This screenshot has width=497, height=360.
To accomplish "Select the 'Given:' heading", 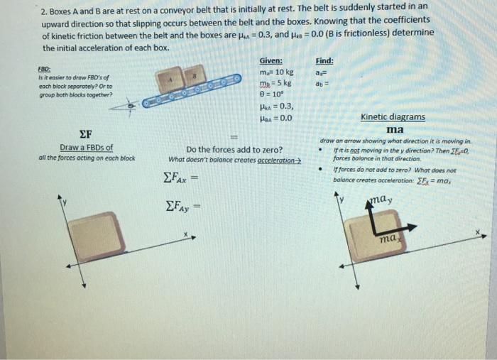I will point(271,61).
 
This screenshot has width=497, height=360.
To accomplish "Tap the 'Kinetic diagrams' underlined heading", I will point(393,116).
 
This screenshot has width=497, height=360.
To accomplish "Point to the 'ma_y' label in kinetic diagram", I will point(383,202).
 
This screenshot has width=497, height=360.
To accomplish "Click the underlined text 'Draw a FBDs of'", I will point(86,148).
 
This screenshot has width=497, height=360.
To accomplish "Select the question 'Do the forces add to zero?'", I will point(234,150).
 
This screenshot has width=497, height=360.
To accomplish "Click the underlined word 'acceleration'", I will point(278,159).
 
